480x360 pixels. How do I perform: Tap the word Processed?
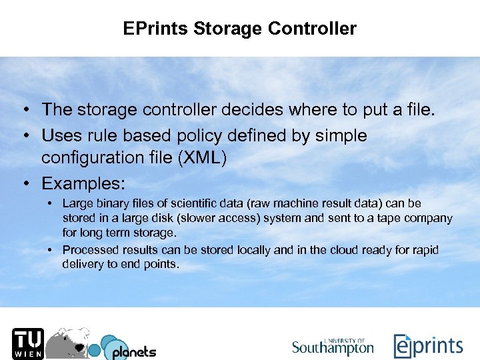[x=88, y=250]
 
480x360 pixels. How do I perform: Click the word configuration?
[x=91, y=158]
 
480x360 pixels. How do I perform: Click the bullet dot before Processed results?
[x=50, y=250]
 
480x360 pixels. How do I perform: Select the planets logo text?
[x=133, y=351]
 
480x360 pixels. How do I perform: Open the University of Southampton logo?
[x=333, y=346]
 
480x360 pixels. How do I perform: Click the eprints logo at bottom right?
[x=428, y=346]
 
